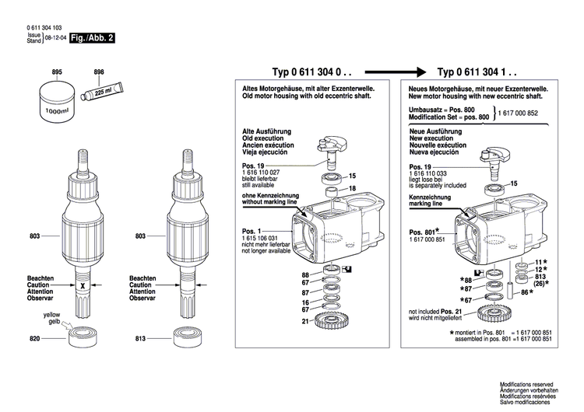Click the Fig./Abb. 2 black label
tap(92, 37)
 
